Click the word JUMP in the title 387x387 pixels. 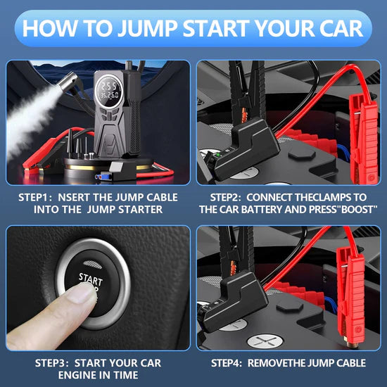(147, 28)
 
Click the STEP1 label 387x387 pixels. (35, 198)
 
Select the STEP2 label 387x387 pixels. (227, 198)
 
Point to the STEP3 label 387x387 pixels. (52, 363)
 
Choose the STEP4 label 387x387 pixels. (227, 363)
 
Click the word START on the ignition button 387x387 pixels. (91, 279)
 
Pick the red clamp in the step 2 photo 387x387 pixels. (364, 139)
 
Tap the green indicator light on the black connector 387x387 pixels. (218, 156)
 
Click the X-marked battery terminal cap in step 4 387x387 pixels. (265, 341)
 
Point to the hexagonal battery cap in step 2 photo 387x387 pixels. (302, 154)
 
